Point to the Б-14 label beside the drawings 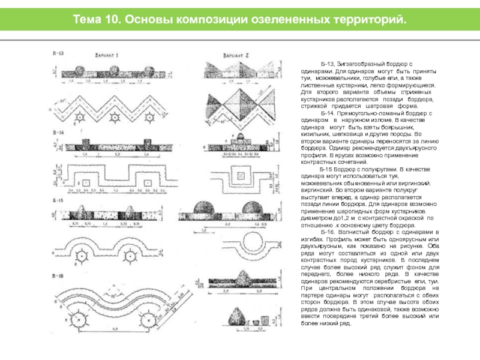tap(58, 131)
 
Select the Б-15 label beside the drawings tap(58, 200)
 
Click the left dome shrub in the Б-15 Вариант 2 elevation tap(205, 211)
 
